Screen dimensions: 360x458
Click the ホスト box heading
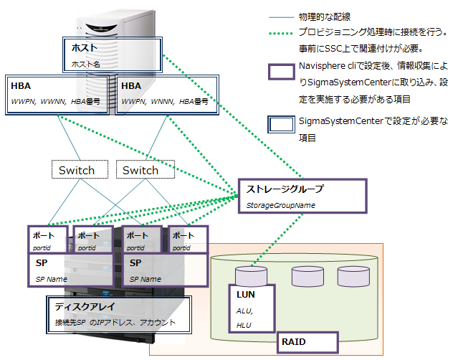(x=84, y=48)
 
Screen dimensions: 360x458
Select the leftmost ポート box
(x=48, y=240)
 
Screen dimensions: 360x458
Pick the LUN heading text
(x=246, y=295)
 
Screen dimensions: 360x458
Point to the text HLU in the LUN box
(x=243, y=325)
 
